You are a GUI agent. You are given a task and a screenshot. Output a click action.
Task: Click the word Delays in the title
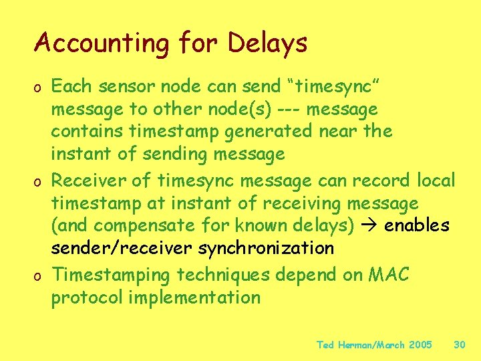click(267, 44)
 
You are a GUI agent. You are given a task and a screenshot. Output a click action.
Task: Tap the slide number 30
click(459, 345)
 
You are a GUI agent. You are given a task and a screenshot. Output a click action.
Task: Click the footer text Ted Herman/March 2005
click(374, 345)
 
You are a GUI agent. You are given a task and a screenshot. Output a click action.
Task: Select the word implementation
click(194, 297)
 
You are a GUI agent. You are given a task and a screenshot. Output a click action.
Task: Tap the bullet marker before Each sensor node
click(39, 88)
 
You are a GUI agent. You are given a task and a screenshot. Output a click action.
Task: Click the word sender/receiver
click(124, 249)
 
